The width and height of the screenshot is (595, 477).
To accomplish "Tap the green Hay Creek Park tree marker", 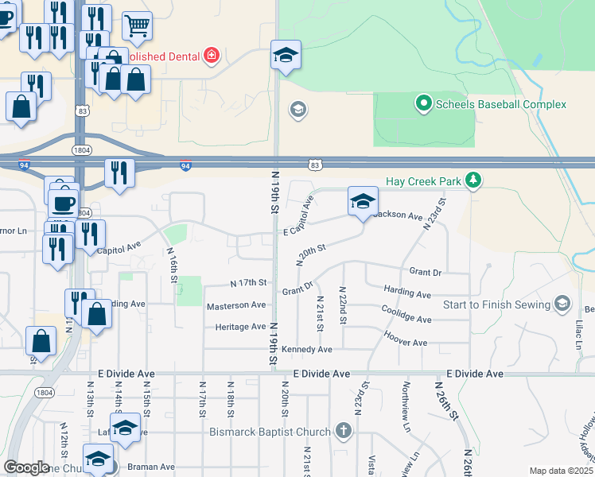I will click(474, 180).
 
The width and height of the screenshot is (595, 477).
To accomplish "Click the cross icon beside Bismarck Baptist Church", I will click(343, 432).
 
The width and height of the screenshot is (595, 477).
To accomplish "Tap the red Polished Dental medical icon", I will click(211, 56).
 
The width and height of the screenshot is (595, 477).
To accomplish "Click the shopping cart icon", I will click(137, 25).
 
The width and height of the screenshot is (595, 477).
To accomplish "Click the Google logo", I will click(26, 468).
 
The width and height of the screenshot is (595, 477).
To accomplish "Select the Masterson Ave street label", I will click(236, 305).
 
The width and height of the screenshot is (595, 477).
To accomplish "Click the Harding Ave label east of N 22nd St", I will click(406, 293).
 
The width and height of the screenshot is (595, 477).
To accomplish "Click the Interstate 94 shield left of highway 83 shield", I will click(185, 166).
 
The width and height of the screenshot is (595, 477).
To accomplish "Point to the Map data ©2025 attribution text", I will click(561, 471).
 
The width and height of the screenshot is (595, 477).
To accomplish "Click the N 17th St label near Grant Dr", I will click(247, 282).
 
